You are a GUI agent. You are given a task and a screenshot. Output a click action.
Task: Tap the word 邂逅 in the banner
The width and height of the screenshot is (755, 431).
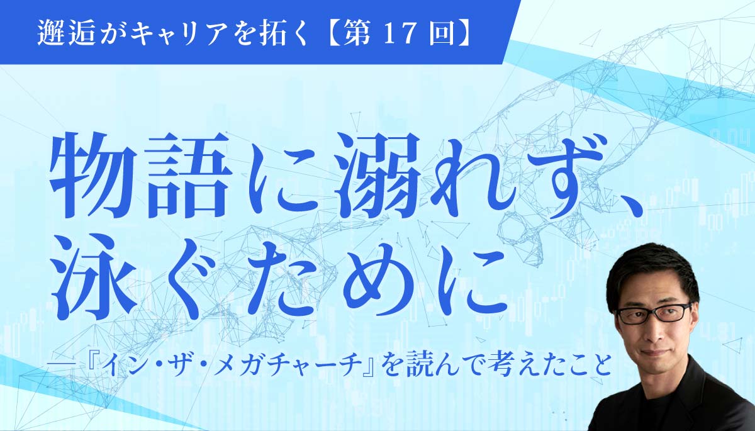coord(65,34)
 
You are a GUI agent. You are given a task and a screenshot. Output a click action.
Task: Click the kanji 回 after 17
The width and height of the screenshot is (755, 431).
coord(440,34)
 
